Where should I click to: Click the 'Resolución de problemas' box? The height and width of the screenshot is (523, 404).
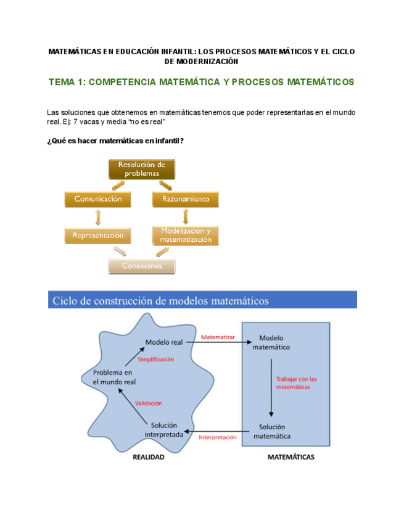tap(142, 169)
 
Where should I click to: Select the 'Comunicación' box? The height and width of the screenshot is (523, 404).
tap(98, 199)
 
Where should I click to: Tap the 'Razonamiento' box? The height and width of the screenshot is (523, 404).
tap(186, 199)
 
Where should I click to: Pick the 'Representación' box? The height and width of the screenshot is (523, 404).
tap(98, 235)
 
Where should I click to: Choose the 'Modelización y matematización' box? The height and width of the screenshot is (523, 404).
tap(186, 235)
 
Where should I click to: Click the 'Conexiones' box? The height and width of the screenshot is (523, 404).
tap(142, 266)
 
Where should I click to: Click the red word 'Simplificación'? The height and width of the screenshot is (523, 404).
tap(156, 359)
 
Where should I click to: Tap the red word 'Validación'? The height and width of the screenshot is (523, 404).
tap(148, 403)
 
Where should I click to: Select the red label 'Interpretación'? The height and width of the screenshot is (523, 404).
tap(218, 437)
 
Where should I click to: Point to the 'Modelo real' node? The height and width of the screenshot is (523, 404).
tap(164, 342)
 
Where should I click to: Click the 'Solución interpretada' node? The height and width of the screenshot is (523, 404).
tap(163, 430)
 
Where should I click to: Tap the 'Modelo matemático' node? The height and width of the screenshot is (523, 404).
tap(271, 342)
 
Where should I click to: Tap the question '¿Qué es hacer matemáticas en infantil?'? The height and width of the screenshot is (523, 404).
tap(115, 141)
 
